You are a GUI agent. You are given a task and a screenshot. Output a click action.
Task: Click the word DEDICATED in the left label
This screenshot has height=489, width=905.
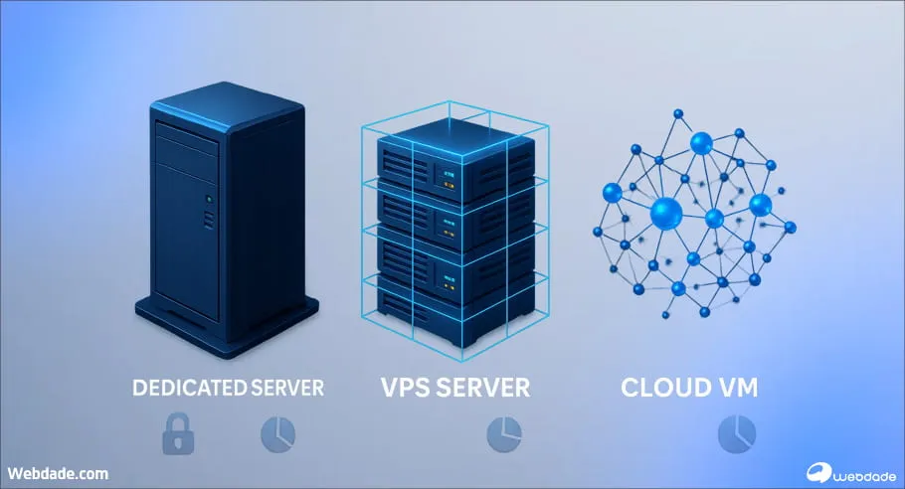pyautogui.click(x=189, y=388)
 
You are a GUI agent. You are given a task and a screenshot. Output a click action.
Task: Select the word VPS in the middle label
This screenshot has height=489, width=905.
pyautogui.click(x=409, y=388)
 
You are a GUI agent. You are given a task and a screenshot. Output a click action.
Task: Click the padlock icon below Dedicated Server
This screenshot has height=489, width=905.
pyautogui.click(x=177, y=433)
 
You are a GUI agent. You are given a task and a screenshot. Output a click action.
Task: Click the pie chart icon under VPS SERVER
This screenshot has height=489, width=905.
pyautogui.click(x=503, y=433)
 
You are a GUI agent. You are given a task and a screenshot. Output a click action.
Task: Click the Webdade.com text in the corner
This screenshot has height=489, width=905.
pyautogui.click(x=59, y=474)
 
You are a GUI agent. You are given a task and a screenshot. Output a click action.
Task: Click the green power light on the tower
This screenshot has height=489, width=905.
pyautogui.click(x=208, y=199)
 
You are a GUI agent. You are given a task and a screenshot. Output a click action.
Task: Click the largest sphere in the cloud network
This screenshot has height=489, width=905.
pyautogui.click(x=664, y=212)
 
